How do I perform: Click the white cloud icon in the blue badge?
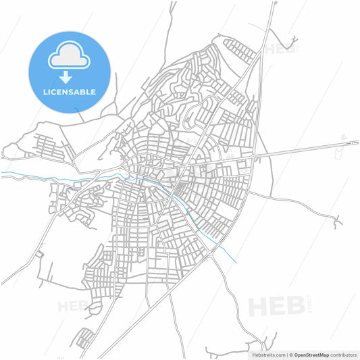(x=70, y=57)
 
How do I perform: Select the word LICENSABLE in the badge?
(x=70, y=92)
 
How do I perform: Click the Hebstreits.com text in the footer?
(x=267, y=354)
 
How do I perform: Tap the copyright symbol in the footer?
(x=291, y=354)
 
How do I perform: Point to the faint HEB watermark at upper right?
(x=279, y=49)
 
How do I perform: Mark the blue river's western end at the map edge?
(x=1, y=174)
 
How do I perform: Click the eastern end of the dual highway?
(x=357, y=143)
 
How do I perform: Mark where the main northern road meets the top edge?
(x=274, y=2)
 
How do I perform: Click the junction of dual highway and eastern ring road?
(x=253, y=157)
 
